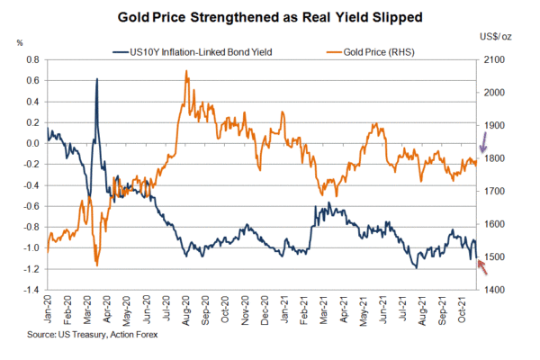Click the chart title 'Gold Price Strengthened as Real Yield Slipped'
[270, 17]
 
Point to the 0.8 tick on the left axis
[33, 59]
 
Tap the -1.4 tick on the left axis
[31, 290]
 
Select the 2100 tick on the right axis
[496, 59]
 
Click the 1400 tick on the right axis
[496, 290]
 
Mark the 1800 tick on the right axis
[496, 158]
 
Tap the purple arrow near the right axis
[483, 141]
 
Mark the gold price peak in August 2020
[185, 71]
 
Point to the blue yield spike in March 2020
[96, 80]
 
